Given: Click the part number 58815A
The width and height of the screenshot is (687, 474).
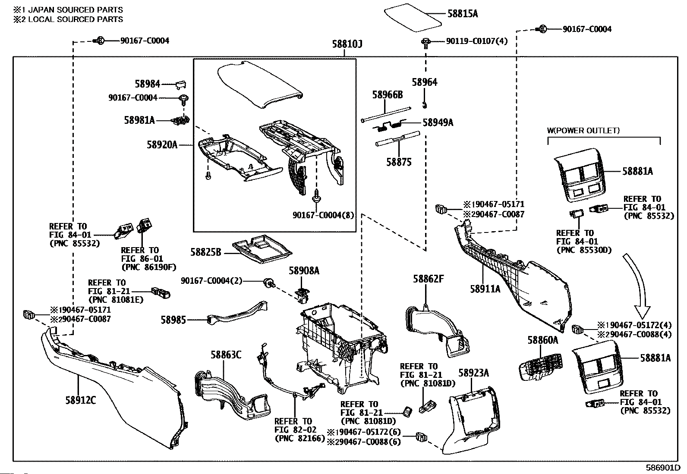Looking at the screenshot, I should (x=463, y=13).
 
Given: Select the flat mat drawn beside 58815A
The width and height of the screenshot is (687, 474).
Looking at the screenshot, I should (x=413, y=17).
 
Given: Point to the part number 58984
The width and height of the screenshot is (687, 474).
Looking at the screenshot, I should (x=147, y=84).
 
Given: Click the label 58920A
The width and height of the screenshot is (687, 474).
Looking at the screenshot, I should (x=162, y=145).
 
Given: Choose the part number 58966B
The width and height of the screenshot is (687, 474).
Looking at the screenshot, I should (x=387, y=94).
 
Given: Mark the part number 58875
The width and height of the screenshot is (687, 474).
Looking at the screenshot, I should (x=399, y=162).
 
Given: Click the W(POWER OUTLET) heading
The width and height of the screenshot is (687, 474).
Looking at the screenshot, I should (x=583, y=130).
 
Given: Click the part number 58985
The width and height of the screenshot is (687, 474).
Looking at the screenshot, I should (x=173, y=320).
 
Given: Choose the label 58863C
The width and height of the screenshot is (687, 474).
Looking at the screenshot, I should (x=226, y=355).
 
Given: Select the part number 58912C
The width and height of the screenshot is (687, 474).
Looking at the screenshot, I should (x=80, y=400).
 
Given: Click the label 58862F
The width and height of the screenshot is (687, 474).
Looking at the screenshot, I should (x=428, y=279).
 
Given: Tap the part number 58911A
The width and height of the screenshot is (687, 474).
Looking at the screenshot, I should (x=485, y=289).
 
